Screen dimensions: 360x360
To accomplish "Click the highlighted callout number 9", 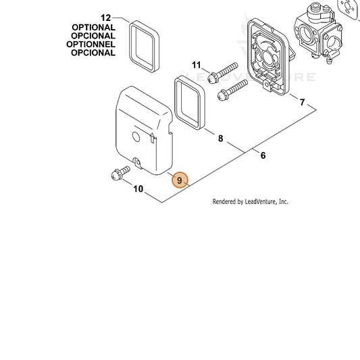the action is point(180,180).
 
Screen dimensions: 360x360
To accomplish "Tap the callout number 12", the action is point(106,18).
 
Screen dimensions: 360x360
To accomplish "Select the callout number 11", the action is point(197,65).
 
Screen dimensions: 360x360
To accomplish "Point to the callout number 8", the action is point(220,138).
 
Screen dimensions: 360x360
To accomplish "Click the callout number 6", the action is point(263,155).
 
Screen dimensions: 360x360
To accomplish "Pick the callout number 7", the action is point(302,102).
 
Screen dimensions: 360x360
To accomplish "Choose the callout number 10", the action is point(138,189).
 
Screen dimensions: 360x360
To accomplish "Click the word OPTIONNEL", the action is point(91,44).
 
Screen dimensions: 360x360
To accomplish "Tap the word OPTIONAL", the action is point(93,27).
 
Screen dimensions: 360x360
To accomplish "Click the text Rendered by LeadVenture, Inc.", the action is point(251,202).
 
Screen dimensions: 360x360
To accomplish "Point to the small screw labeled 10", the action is point(120,173).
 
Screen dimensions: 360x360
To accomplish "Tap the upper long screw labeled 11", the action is point(223,71).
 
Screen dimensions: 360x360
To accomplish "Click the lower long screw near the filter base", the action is point(232,90).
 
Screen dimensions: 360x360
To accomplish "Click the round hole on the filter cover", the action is point(136,137).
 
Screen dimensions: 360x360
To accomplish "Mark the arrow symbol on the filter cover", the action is point(152,138).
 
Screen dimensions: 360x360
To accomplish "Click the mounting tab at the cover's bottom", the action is point(137,162).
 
